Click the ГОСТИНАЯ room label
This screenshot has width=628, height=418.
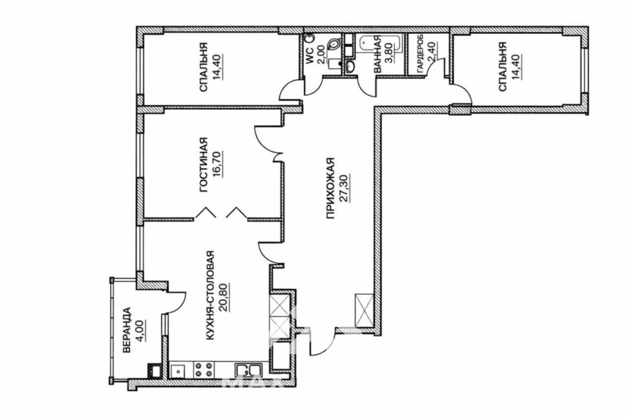point(204,164)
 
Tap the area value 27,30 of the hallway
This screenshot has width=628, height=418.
point(345,188)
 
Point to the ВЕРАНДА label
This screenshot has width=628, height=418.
point(127,330)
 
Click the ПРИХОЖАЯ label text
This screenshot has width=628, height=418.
point(330,188)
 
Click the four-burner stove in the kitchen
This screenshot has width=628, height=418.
point(203,369)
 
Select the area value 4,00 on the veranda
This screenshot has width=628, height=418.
point(141,330)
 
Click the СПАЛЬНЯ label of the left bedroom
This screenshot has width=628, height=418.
point(204,67)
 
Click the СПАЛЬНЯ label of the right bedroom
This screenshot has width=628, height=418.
point(503,67)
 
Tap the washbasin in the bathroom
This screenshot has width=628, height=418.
point(349,67)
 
